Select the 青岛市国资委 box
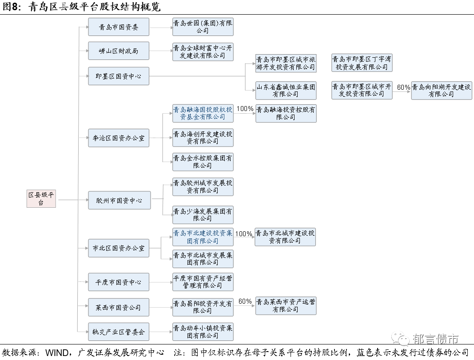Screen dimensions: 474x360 [119, 27]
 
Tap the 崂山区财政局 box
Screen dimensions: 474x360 [119, 51]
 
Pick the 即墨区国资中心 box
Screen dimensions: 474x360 [119, 76]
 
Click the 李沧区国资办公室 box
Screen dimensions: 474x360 [119, 138]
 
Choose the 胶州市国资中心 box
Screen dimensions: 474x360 [119, 201]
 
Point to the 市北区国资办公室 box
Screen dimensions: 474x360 [119, 248]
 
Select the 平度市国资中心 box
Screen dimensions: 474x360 [119, 282]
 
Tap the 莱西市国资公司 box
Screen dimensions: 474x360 [119, 307]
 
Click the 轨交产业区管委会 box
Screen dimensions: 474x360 [119, 332]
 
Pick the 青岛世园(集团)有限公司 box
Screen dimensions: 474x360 [203, 27]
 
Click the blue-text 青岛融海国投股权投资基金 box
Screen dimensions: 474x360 [203, 113]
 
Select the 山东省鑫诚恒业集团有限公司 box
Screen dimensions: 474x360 [286, 91]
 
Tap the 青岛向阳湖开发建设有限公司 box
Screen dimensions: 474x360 [442, 91]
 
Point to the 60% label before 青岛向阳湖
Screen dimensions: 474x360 [403, 87]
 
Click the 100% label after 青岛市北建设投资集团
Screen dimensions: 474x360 [243, 234]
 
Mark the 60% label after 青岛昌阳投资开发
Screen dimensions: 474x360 [245, 301]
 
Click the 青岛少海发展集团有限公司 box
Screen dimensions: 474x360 [203, 215]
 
